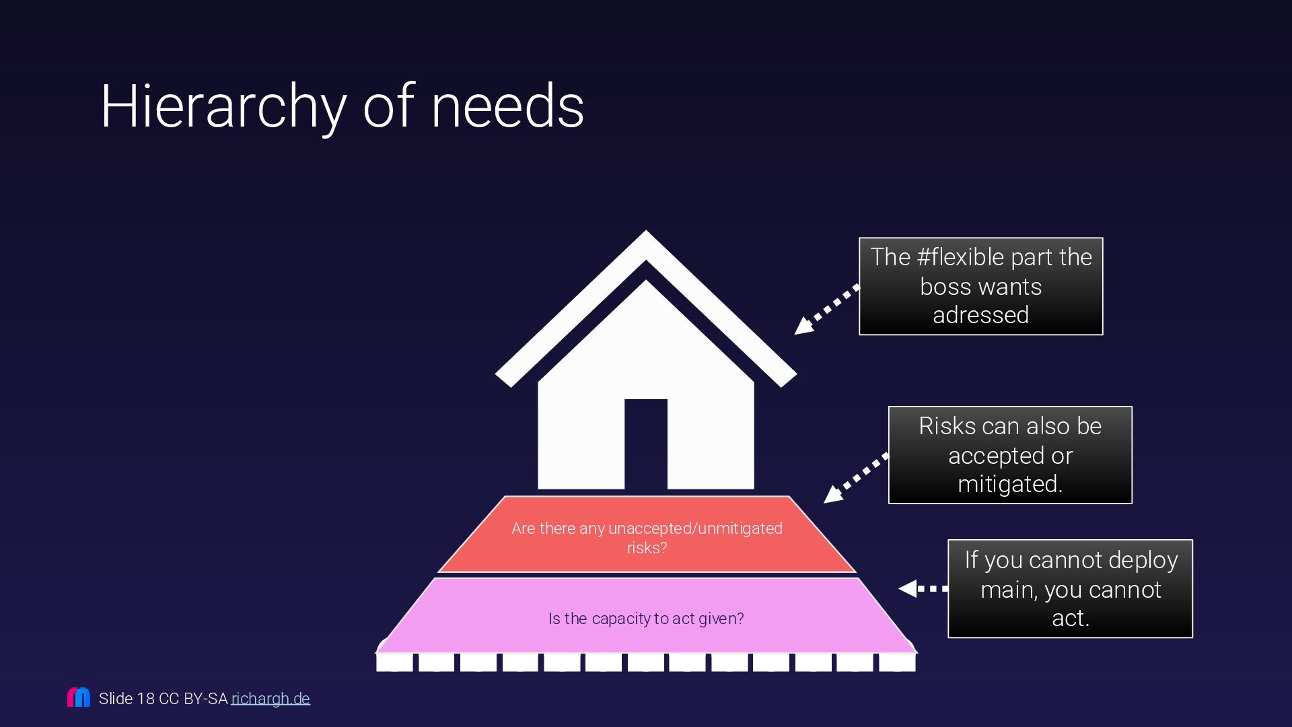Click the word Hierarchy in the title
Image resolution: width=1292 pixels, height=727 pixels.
223,106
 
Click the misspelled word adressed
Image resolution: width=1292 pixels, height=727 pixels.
980,315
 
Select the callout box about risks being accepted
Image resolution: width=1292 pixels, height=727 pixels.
1009,454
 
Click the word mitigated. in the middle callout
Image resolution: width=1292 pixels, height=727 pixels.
1009,484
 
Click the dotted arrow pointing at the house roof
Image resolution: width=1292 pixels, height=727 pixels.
826,310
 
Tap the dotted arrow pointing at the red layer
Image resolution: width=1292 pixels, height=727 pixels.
855,479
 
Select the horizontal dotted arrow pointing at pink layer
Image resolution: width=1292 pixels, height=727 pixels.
923,588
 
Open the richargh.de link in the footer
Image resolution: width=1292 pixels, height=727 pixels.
271,699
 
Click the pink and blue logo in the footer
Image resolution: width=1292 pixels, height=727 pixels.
79,697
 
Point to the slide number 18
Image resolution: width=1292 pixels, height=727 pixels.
145,699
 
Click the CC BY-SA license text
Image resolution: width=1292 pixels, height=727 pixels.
193,699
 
